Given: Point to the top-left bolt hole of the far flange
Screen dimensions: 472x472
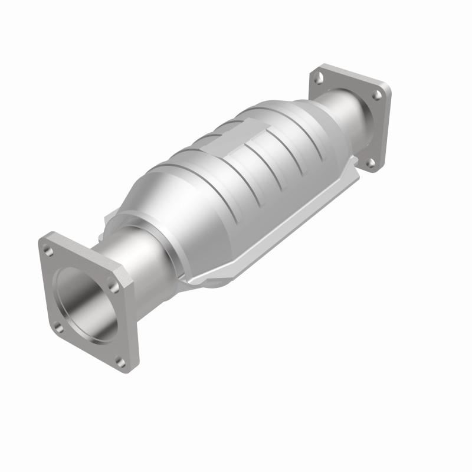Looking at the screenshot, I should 319,77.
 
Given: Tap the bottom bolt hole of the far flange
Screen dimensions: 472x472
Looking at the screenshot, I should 371,163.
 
